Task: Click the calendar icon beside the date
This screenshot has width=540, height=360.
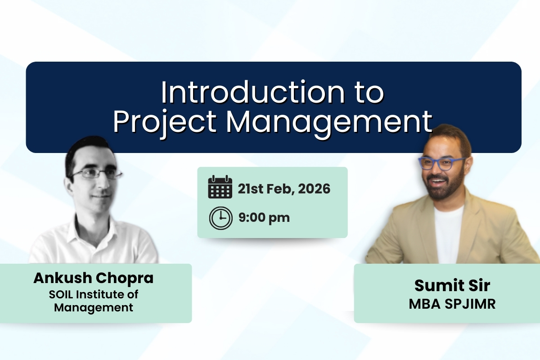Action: point(220,188)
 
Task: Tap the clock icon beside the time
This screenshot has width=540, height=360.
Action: point(220,218)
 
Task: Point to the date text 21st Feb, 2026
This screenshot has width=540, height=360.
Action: point(283,189)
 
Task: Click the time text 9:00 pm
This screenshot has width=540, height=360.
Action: point(264,218)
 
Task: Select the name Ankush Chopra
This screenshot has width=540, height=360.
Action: point(93,278)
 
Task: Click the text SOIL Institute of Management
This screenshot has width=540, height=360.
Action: point(93,301)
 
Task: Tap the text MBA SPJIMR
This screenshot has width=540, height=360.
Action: point(452,304)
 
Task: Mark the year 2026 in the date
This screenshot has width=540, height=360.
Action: point(313,189)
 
